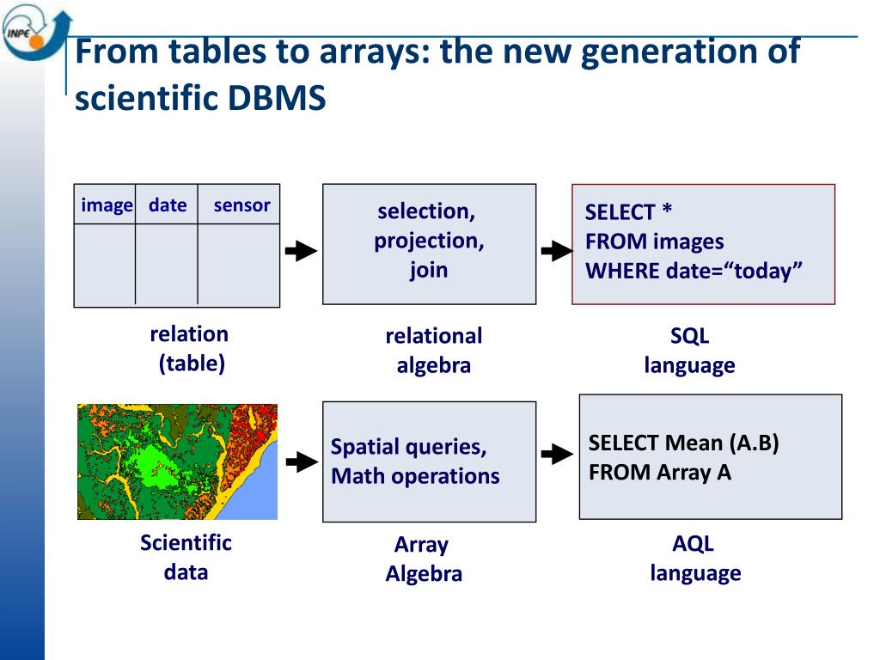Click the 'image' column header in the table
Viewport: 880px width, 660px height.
pyautogui.click(x=107, y=205)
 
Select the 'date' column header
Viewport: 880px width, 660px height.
pyautogui.click(x=168, y=205)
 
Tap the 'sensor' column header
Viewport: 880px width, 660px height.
pyautogui.click(x=241, y=205)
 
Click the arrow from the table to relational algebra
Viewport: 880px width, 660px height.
pyautogui.click(x=301, y=251)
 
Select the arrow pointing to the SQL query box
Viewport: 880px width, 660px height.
pyautogui.click(x=556, y=251)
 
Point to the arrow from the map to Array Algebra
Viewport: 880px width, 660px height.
pyautogui.click(x=301, y=462)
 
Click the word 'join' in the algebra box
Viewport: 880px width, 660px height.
pyautogui.click(x=428, y=270)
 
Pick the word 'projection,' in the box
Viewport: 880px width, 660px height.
pyautogui.click(x=429, y=241)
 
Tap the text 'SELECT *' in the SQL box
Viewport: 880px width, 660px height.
pyautogui.click(x=628, y=212)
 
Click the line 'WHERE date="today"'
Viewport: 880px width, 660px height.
pyautogui.click(x=694, y=271)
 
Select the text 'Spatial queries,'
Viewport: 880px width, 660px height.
pyautogui.click(x=408, y=447)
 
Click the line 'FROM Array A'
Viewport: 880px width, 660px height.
pyautogui.click(x=659, y=473)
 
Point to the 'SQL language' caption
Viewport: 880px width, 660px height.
pyautogui.click(x=689, y=351)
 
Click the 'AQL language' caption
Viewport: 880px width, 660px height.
pyautogui.click(x=694, y=559)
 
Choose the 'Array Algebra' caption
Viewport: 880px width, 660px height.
pyautogui.click(x=423, y=559)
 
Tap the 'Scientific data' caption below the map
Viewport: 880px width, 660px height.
pyautogui.click(x=186, y=557)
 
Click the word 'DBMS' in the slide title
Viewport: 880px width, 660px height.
pyautogui.click(x=277, y=100)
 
